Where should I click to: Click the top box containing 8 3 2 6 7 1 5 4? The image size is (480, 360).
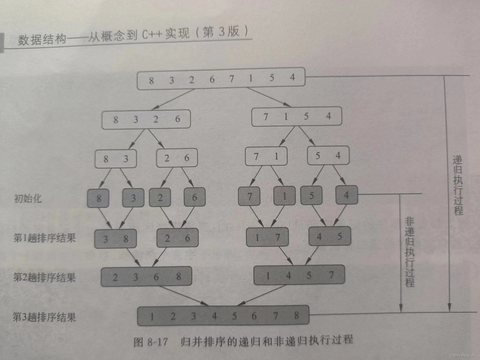pos(221,79)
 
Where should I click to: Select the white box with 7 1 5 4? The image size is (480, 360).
pos(297,116)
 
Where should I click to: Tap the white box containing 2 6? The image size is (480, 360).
pos(177,158)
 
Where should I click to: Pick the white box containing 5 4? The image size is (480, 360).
pos(328,156)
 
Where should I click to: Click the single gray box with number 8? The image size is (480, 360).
pos(98,198)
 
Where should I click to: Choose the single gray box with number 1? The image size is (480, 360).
pos(284,196)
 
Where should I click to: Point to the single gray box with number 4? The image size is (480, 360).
pos(346,195)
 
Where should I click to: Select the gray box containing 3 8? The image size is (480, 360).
pos(116,239)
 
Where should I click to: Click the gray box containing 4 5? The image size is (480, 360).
pos(329,236)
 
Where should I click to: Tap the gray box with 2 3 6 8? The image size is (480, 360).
pos(147,277)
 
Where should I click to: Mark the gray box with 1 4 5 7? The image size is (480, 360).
pos(299,275)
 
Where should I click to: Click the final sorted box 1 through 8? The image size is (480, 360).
pos(223,316)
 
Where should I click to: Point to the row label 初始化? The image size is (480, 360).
pos(28,199)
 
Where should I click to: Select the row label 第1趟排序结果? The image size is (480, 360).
pos(45,238)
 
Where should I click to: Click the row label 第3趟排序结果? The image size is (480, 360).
pos(44,317)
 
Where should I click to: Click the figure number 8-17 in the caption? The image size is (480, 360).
pos(157,342)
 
